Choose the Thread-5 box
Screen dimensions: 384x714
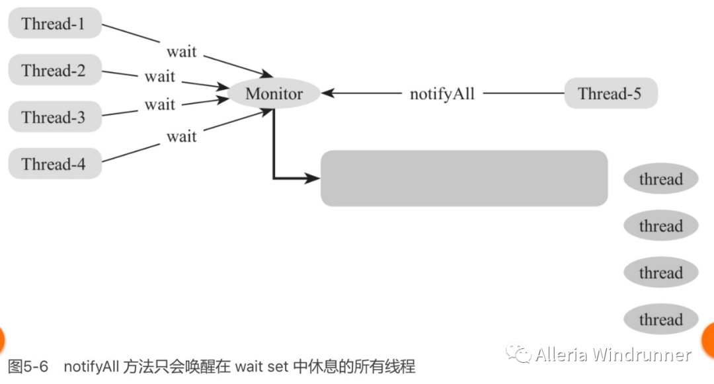pyautogui.click(x=610, y=93)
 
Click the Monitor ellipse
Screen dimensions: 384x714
pyautogui.click(x=274, y=93)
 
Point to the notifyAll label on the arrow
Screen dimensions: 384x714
pyautogui.click(x=442, y=93)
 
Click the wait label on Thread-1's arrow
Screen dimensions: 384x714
pyautogui.click(x=181, y=51)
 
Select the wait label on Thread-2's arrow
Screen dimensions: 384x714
pyautogui.click(x=160, y=76)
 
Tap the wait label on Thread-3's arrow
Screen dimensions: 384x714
pyautogui.click(x=160, y=104)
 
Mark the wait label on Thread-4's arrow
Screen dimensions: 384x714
pyautogui.click(x=181, y=136)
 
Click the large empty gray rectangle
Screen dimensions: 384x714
pyautogui.click(x=463, y=178)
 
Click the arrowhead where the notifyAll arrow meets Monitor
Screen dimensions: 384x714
pyautogui.click(x=327, y=93)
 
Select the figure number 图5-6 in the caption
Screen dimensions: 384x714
pyautogui.click(x=28, y=367)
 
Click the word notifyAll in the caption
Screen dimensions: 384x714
pyautogui.click(x=92, y=367)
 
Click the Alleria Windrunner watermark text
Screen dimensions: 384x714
pyautogui.click(x=614, y=355)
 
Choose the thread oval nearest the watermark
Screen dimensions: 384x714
pyautogui.click(x=660, y=320)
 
